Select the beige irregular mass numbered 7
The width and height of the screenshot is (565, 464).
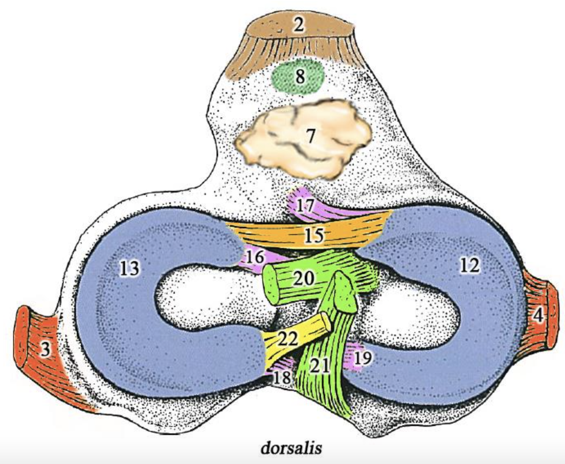point(311,136)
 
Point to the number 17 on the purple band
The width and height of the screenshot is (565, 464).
point(305,206)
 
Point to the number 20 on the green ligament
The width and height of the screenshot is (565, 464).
point(304,278)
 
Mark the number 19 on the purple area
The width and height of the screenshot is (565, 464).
point(363,358)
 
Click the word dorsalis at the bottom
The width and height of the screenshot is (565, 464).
point(291,448)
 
